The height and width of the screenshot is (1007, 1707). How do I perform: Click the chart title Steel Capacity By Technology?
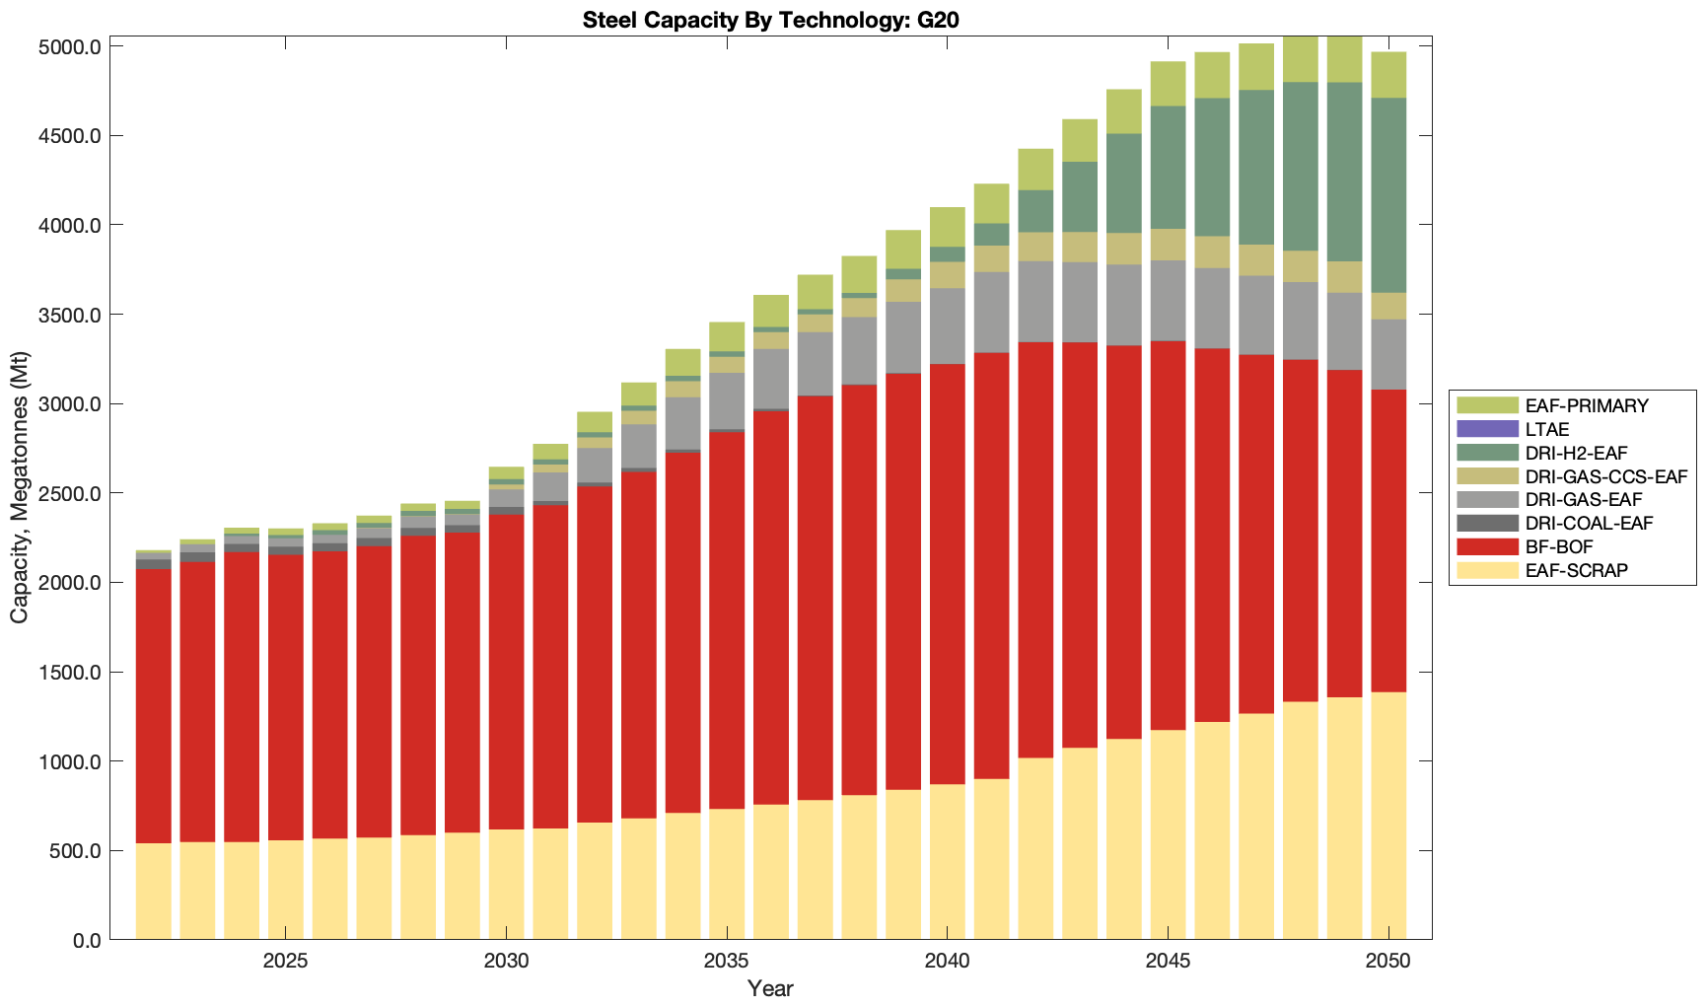(x=769, y=20)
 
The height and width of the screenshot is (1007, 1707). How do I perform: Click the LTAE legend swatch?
(x=1487, y=429)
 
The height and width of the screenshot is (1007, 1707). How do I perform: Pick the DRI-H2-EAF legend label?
(x=1576, y=453)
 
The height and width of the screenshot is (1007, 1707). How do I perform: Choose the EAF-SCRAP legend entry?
(x=1576, y=570)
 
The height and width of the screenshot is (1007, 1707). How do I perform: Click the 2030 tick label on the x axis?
(x=506, y=962)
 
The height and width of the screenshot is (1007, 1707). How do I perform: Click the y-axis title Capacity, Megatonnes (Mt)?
(x=20, y=488)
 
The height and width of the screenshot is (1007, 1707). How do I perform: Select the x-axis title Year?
(x=770, y=989)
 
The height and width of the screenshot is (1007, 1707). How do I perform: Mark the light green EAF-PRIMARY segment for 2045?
(x=1169, y=84)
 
